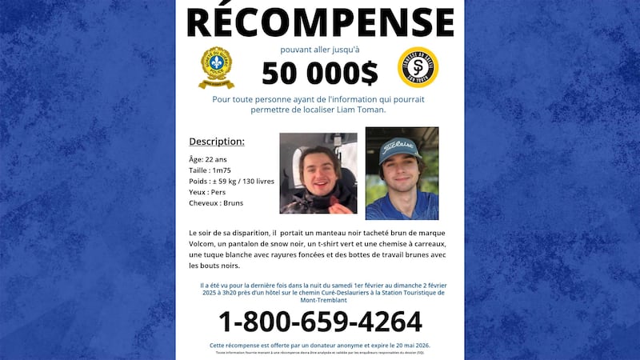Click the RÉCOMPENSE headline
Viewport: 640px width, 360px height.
pyautogui.click(x=320, y=22)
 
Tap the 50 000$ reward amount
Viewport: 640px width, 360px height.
pyautogui.click(x=320, y=74)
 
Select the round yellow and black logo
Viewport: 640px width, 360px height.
pyautogui.click(x=418, y=68)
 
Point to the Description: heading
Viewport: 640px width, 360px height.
pyautogui.click(x=217, y=142)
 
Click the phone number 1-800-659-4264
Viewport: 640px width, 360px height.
pyautogui.click(x=320, y=322)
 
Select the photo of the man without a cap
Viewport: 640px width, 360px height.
pyautogui.click(x=318, y=174)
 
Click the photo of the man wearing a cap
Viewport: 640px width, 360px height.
pyautogui.click(x=402, y=174)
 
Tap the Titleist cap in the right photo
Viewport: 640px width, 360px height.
pyautogui.click(x=399, y=149)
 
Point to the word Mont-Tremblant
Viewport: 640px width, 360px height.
pyautogui.click(x=320, y=302)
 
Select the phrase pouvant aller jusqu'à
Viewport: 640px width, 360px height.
pyautogui.click(x=319, y=50)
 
